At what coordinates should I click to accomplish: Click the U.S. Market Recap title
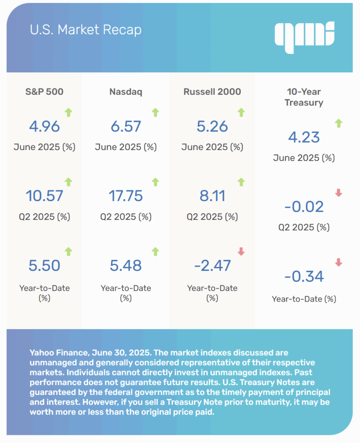point(86,30)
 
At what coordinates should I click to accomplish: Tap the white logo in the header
point(305,35)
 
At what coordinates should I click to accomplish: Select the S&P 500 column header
point(44,92)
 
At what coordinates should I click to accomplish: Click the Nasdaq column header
point(126,92)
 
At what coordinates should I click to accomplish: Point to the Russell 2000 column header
point(212,92)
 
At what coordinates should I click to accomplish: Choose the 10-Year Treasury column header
point(304,97)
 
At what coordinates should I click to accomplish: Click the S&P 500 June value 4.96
point(44,126)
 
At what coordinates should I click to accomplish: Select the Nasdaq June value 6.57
point(126,126)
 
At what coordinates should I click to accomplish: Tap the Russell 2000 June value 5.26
point(212,126)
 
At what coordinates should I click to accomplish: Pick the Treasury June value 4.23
point(304,137)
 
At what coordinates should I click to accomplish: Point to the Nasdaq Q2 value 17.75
point(126,196)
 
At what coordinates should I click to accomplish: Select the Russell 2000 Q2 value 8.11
point(212,196)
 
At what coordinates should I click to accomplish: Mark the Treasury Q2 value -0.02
point(304,207)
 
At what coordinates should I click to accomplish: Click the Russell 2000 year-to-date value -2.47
point(212,265)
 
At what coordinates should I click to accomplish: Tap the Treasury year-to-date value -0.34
point(304,276)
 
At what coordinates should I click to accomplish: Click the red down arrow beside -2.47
point(241,251)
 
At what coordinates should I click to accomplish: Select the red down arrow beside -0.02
point(338,193)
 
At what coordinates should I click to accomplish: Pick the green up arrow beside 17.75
point(156,182)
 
